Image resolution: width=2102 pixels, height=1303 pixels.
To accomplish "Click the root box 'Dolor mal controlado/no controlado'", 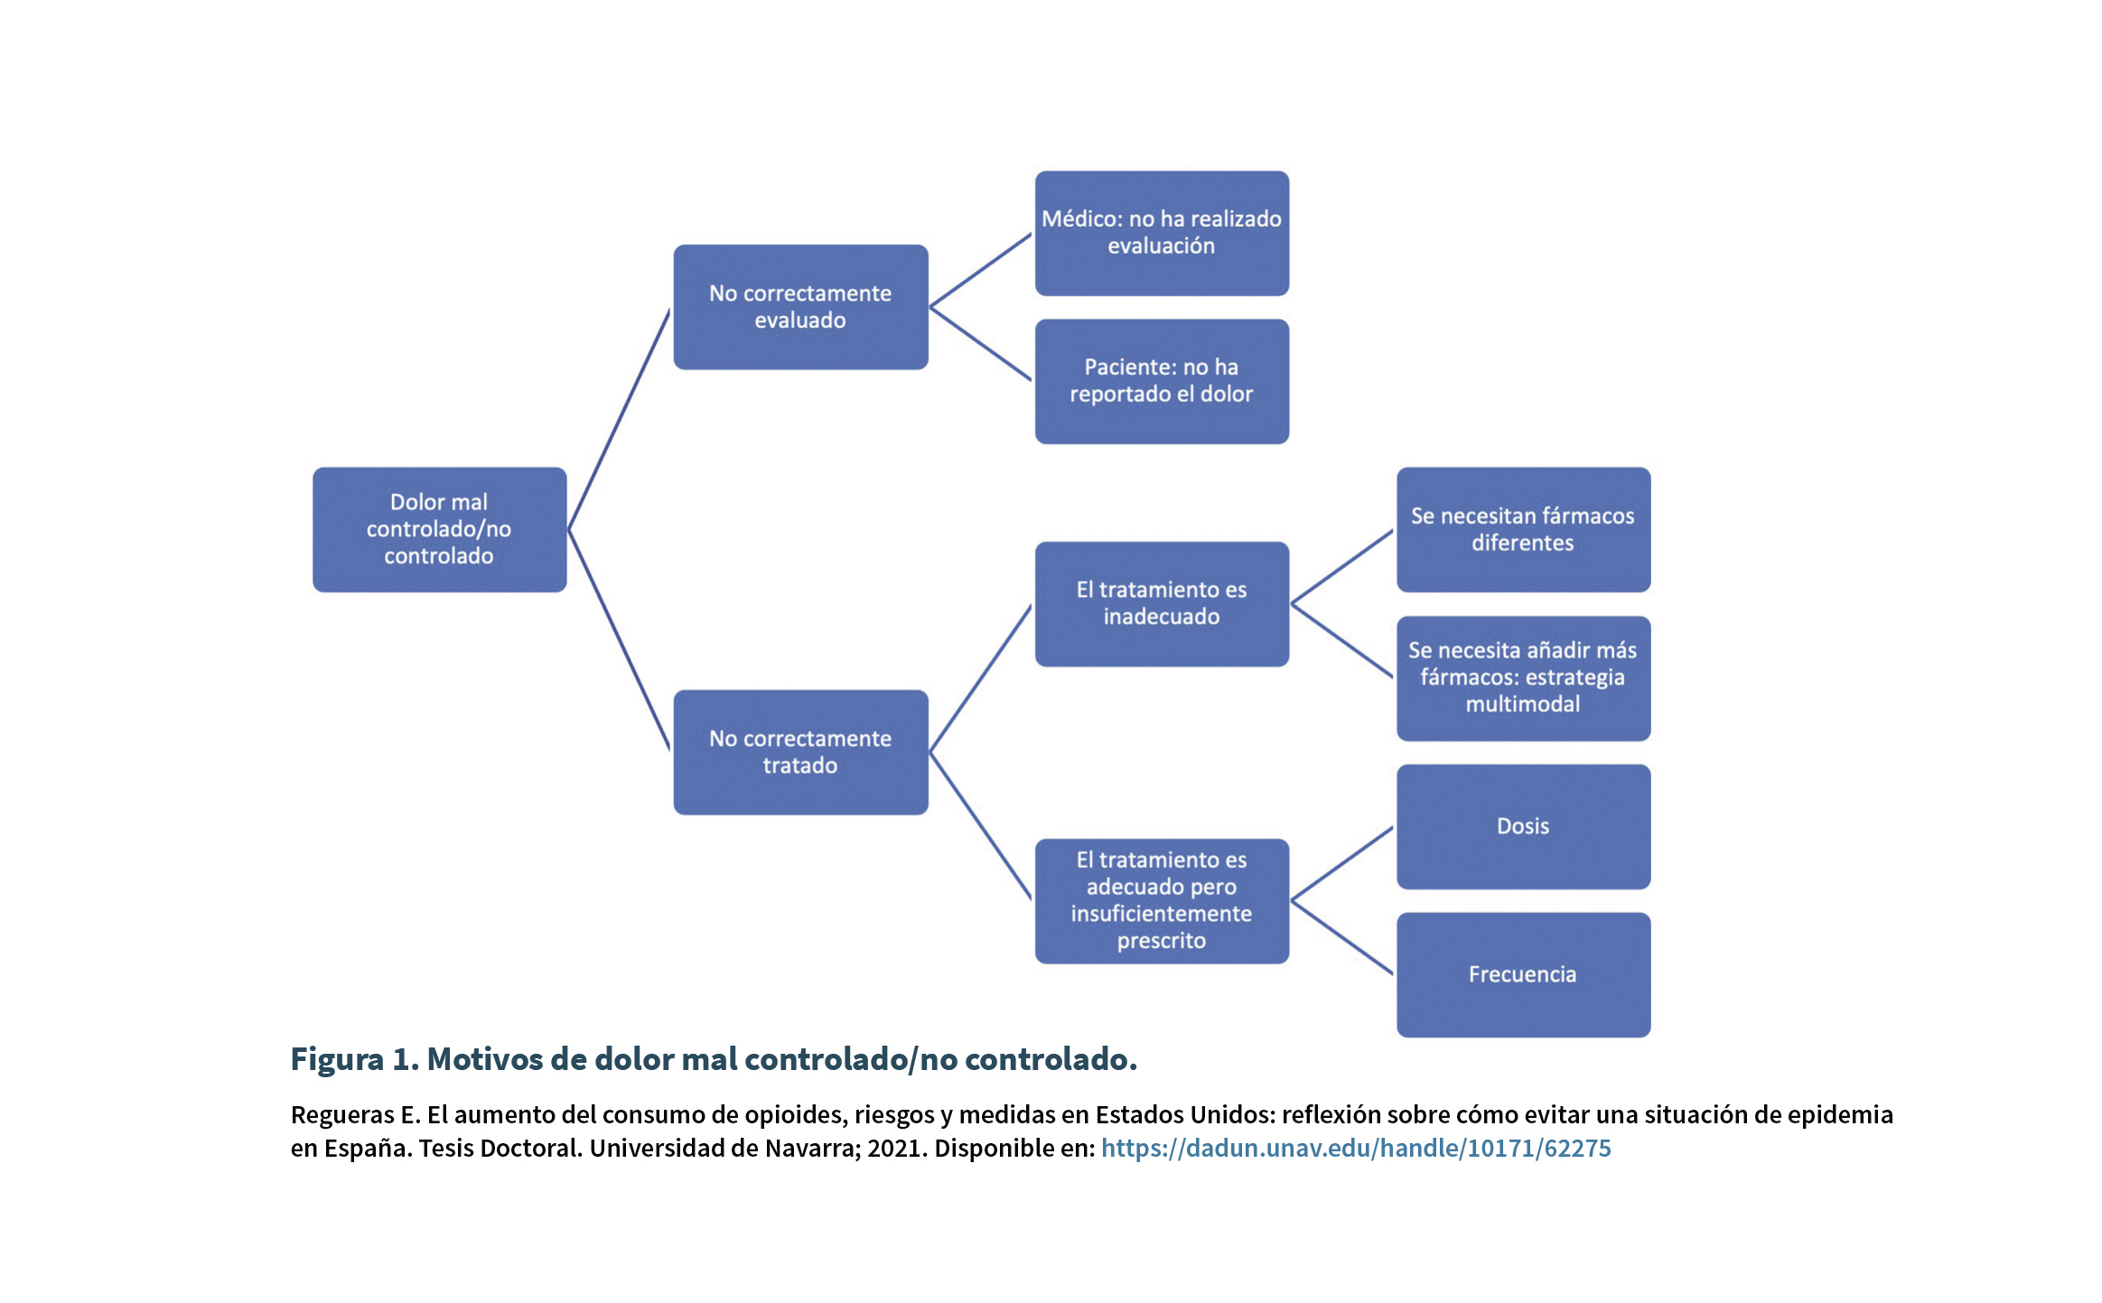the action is click(x=439, y=529).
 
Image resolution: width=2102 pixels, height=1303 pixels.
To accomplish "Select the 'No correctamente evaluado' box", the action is click(x=800, y=307).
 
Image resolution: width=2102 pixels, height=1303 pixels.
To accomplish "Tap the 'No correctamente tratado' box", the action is click(x=800, y=752).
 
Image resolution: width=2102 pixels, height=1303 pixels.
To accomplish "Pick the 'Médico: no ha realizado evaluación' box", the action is click(x=1162, y=233).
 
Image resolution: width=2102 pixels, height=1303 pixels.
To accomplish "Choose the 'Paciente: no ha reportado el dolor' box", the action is click(x=1162, y=381).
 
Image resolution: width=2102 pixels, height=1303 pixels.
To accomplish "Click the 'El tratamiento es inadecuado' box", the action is click(x=1162, y=604).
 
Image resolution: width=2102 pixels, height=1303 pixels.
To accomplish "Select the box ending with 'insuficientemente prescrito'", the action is click(x=1162, y=901).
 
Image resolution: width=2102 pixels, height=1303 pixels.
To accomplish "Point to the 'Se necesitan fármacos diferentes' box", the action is click(x=1523, y=529).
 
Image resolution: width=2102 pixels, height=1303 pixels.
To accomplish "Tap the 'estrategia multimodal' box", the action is click(x=1523, y=678).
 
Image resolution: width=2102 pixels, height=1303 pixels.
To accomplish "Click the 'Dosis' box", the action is click(x=1523, y=826).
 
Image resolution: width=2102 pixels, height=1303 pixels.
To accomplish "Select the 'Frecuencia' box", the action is click(x=1523, y=974).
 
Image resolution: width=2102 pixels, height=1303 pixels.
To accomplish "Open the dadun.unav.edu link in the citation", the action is click(x=1356, y=1148).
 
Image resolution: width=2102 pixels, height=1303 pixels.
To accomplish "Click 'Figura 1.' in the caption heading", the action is click(x=355, y=1059).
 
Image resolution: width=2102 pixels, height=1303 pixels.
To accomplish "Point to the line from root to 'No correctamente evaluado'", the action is click(x=619, y=419).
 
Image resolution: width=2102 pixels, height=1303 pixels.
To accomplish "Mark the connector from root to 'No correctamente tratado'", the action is click(x=619, y=640).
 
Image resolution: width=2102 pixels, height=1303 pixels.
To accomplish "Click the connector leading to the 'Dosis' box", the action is click(x=1342, y=864).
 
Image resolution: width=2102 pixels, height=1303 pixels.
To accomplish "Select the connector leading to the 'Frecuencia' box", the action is click(x=1342, y=937).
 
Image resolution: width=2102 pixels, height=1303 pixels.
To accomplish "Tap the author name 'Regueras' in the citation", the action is click(x=342, y=1115).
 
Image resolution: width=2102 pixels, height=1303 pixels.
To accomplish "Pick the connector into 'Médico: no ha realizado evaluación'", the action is click(x=981, y=270).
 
